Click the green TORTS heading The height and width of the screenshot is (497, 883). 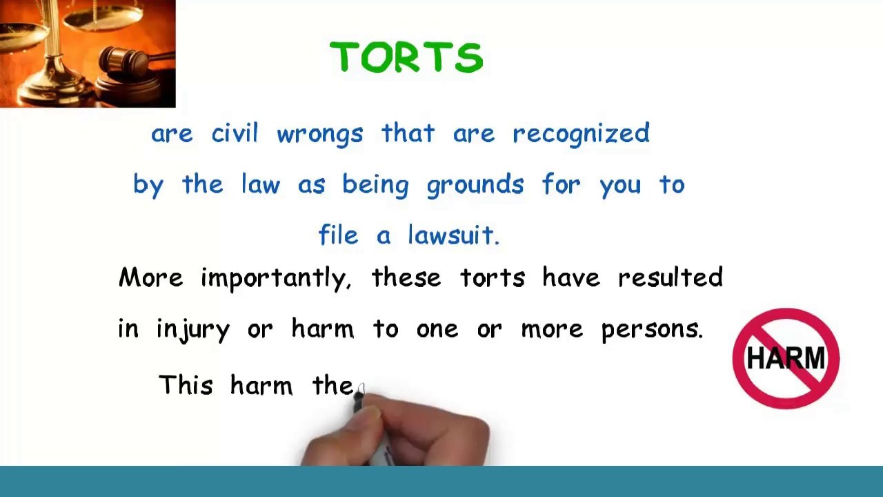pyautogui.click(x=406, y=57)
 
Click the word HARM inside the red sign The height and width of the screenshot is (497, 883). pyautogui.click(x=786, y=358)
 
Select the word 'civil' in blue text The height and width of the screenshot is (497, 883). pyautogui.click(x=235, y=133)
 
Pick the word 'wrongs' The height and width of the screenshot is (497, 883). pyautogui.click(x=319, y=134)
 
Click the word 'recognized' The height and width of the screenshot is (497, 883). pyautogui.click(x=581, y=134)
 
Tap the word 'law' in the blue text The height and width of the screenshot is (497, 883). pyautogui.click(x=260, y=184)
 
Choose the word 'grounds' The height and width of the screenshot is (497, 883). pyautogui.click(x=475, y=185)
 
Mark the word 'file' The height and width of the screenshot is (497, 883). pyautogui.click(x=338, y=235)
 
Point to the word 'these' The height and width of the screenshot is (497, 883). pyautogui.click(x=406, y=277)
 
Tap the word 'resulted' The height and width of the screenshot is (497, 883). pyautogui.click(x=670, y=277)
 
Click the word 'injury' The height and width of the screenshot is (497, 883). pyautogui.click(x=193, y=329)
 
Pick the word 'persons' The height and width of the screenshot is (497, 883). pyautogui.click(x=651, y=329)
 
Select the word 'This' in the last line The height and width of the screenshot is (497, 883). pyautogui.click(x=186, y=384)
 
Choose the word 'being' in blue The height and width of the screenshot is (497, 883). pyautogui.click(x=375, y=185)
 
